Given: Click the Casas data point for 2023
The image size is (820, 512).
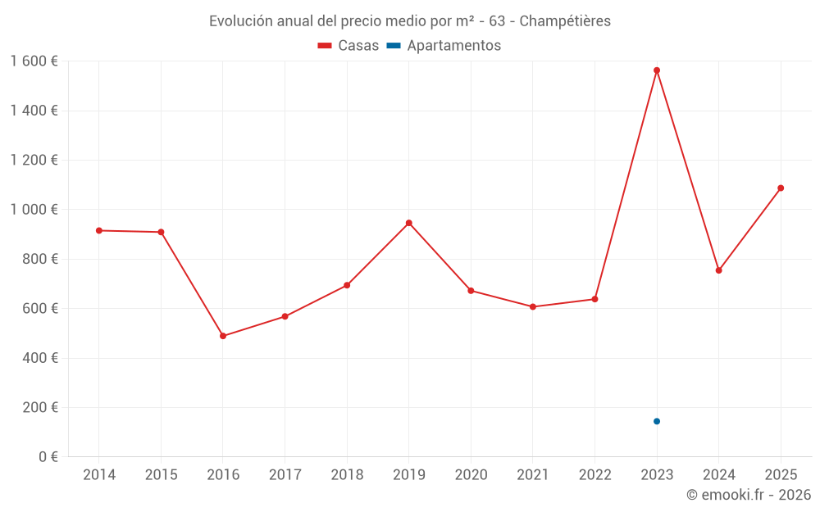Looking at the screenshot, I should click(657, 70).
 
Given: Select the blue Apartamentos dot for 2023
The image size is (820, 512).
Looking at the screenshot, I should click(657, 421).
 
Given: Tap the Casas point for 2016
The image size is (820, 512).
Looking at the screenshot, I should click(223, 336).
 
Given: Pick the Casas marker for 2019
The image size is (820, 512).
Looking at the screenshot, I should click(408, 223).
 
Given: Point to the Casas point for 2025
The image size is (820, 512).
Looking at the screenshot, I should click(781, 188).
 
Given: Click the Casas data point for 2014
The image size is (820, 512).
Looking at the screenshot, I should click(99, 230).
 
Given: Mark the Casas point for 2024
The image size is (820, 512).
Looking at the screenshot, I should click(718, 270).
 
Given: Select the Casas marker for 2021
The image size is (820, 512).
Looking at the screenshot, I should click(533, 306).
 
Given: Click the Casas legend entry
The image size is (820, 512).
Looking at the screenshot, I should click(348, 46).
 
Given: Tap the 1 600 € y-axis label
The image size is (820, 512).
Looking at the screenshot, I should click(34, 61).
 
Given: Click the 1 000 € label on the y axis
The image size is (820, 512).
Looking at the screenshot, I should click(34, 210).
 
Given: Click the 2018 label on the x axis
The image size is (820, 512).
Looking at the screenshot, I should click(347, 475).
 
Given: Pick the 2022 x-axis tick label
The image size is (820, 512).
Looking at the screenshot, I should click(594, 475).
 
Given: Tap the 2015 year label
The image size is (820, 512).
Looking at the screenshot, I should click(161, 475).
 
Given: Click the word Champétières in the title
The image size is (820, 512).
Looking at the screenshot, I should click(565, 21).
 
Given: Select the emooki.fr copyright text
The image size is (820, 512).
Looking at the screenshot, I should click(749, 495).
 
